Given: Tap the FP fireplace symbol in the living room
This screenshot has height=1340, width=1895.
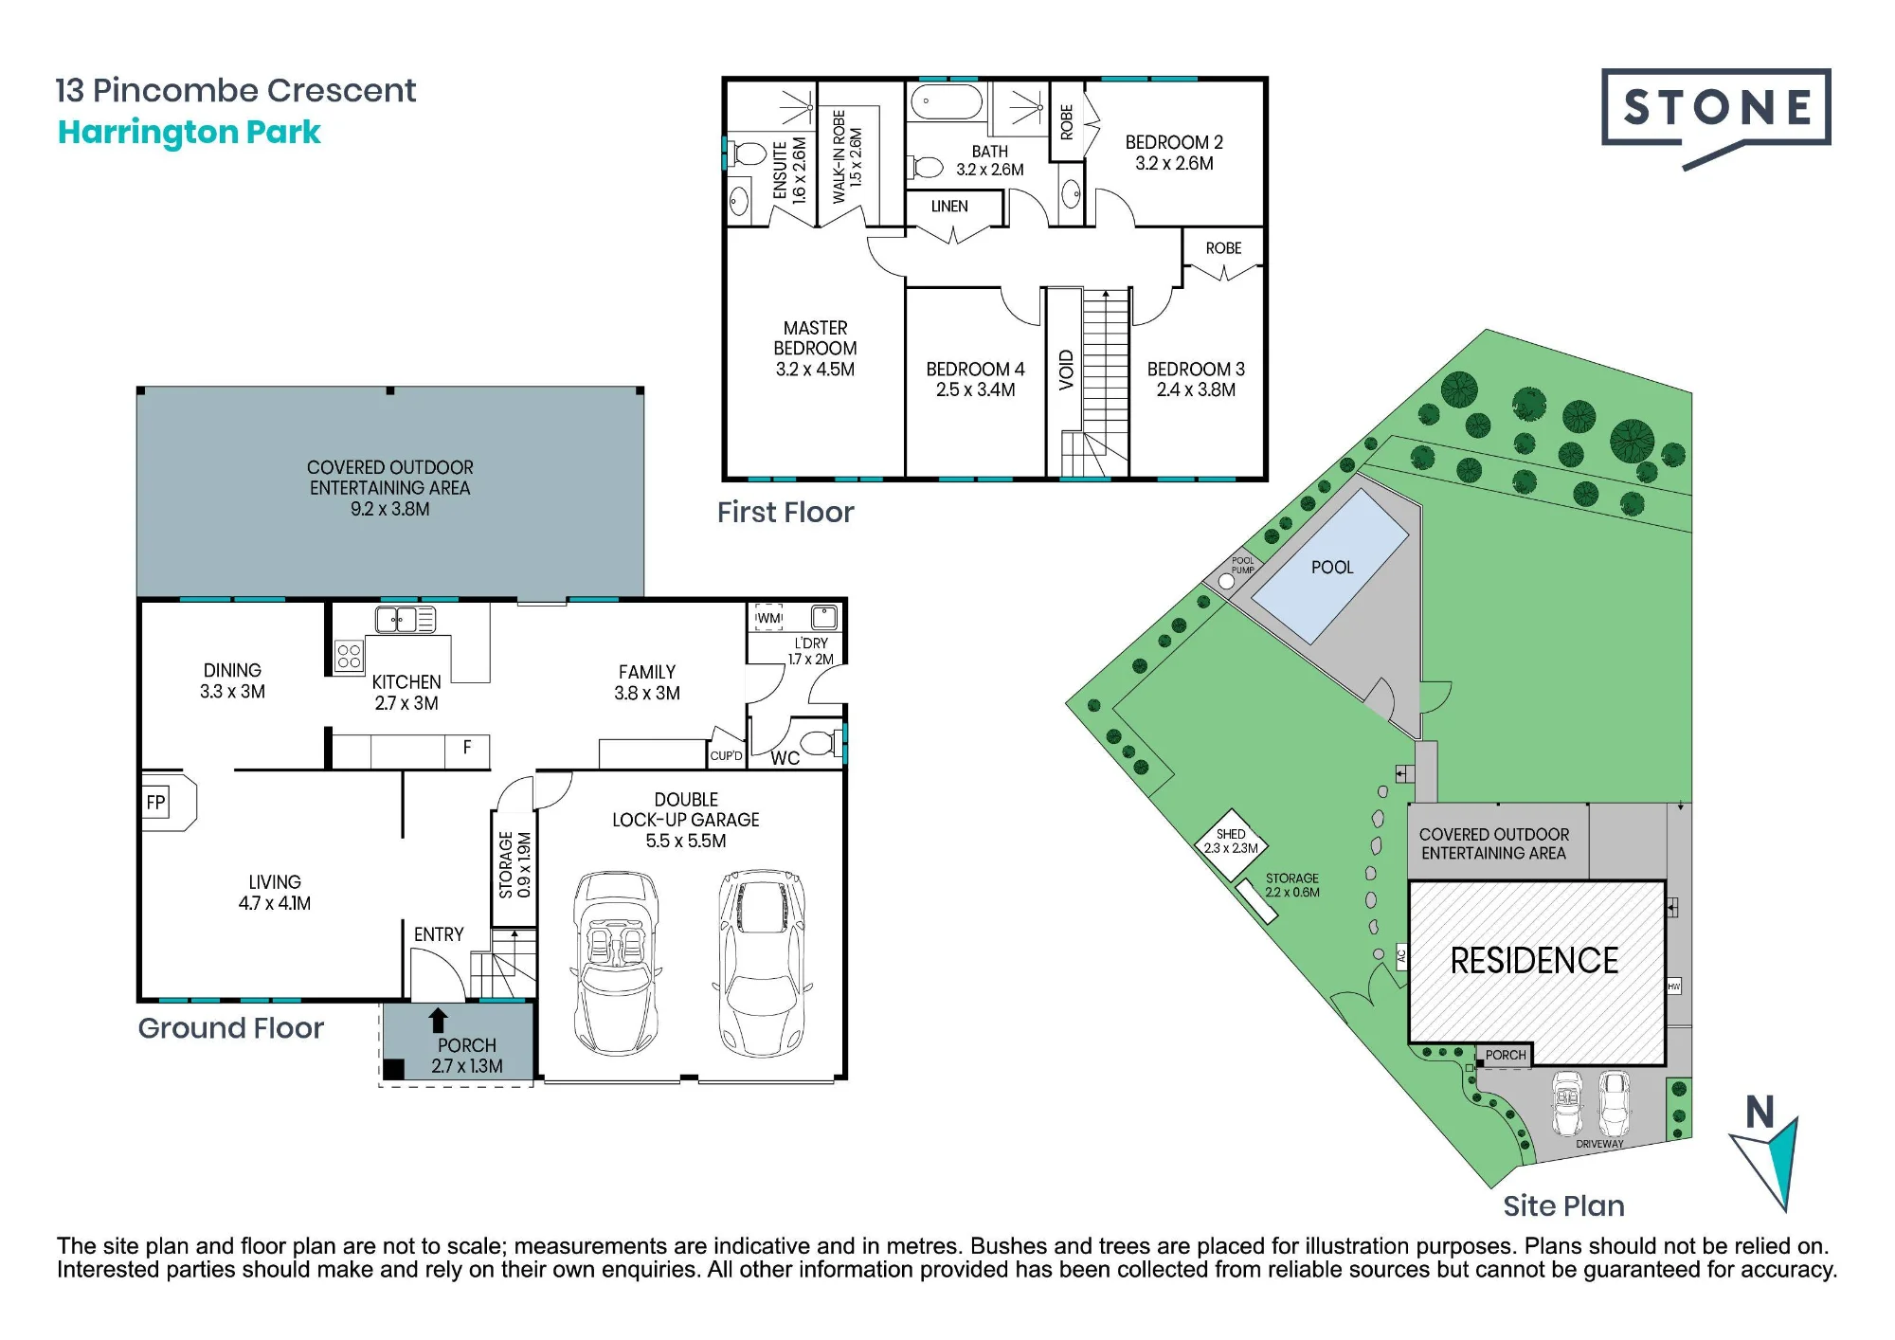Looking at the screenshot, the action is [156, 803].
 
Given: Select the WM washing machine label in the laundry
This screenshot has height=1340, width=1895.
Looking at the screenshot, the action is [769, 619].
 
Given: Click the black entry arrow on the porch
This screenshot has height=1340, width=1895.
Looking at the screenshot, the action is [438, 1020].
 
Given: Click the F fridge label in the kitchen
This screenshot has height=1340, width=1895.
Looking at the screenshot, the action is [467, 748].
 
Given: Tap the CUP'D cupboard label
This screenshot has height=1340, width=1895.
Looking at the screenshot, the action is [727, 756].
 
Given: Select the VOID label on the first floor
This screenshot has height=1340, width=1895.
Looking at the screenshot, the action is [1066, 371].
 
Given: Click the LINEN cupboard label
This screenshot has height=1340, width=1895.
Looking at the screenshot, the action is [949, 207].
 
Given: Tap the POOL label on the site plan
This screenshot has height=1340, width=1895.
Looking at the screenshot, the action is [1332, 568].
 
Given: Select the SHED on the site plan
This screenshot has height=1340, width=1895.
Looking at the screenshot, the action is [1231, 842].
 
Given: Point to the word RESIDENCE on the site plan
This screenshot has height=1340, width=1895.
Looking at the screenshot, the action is [1534, 961].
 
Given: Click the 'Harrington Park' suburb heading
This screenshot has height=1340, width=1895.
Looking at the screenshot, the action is [189, 133].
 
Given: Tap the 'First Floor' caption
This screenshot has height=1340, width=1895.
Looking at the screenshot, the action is [785, 513].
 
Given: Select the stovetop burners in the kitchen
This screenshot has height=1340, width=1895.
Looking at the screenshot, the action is [349, 656].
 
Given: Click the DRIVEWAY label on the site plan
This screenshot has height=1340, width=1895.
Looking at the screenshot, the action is [1599, 1144].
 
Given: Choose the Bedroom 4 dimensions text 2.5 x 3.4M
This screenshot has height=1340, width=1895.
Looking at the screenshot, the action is [975, 389].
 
